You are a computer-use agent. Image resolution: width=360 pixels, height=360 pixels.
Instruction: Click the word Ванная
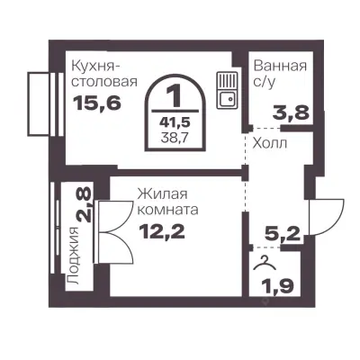[x=280, y=66]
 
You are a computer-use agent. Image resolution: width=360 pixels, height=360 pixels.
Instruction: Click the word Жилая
[x=158, y=193]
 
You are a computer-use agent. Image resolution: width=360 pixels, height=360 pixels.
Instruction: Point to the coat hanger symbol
[x=263, y=264]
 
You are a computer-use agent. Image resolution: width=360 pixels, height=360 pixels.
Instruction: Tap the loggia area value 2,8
[x=84, y=207]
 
